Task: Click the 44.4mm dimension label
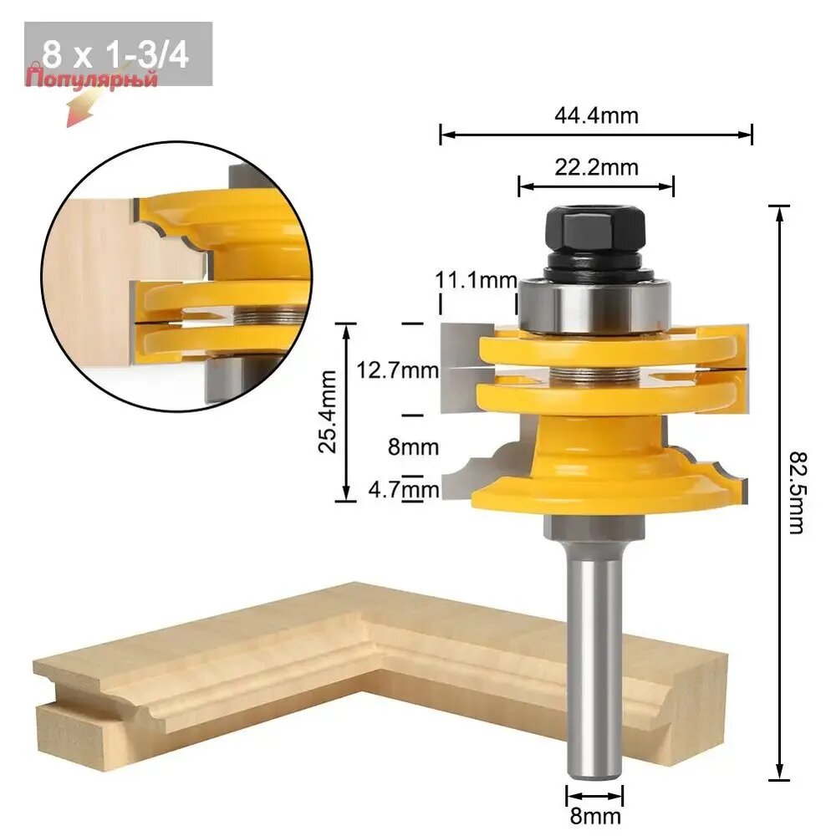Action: coord(596,115)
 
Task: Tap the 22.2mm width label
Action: coord(596,167)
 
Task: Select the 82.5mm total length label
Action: coord(798,492)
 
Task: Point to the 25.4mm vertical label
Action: coord(328,411)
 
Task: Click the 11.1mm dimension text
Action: coord(477,279)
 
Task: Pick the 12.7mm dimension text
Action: coord(397,370)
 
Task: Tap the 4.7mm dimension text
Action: coord(404,489)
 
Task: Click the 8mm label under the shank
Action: coord(595,816)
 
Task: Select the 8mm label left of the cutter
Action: coord(413,446)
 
